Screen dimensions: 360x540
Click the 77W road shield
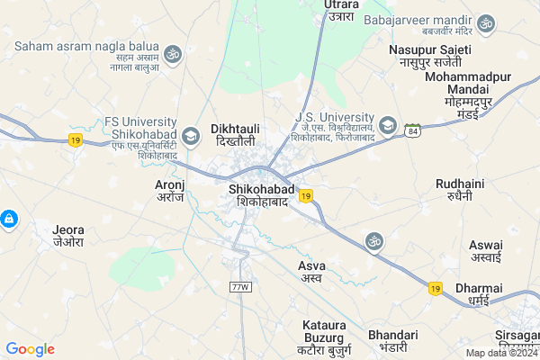point(239,287)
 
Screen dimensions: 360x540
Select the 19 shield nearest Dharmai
point(436,288)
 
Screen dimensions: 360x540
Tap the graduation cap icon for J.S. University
point(389,125)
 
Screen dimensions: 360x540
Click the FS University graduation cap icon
point(190,137)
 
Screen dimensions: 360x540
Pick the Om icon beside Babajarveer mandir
point(486,22)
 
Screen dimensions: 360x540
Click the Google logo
point(31,349)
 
